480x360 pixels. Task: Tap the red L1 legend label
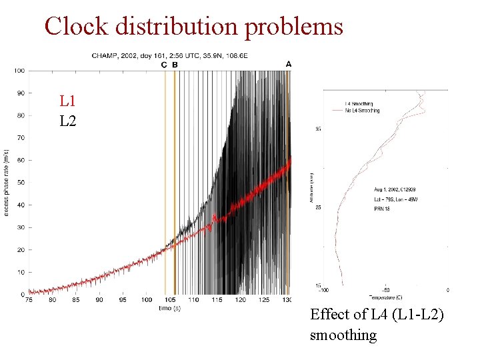tap(67, 101)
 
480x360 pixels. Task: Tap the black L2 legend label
tap(67, 121)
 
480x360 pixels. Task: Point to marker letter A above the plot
tap(289, 64)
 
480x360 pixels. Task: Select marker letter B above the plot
tap(175, 65)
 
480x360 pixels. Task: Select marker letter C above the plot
tap(165, 65)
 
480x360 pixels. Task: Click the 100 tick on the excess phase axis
tap(19, 71)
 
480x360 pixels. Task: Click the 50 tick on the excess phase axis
tap(20, 183)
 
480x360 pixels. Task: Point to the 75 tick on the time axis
tap(29, 301)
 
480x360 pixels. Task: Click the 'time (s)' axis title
tap(169, 308)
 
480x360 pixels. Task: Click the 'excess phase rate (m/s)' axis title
tap(7, 182)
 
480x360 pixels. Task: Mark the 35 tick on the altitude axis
tap(319, 129)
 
